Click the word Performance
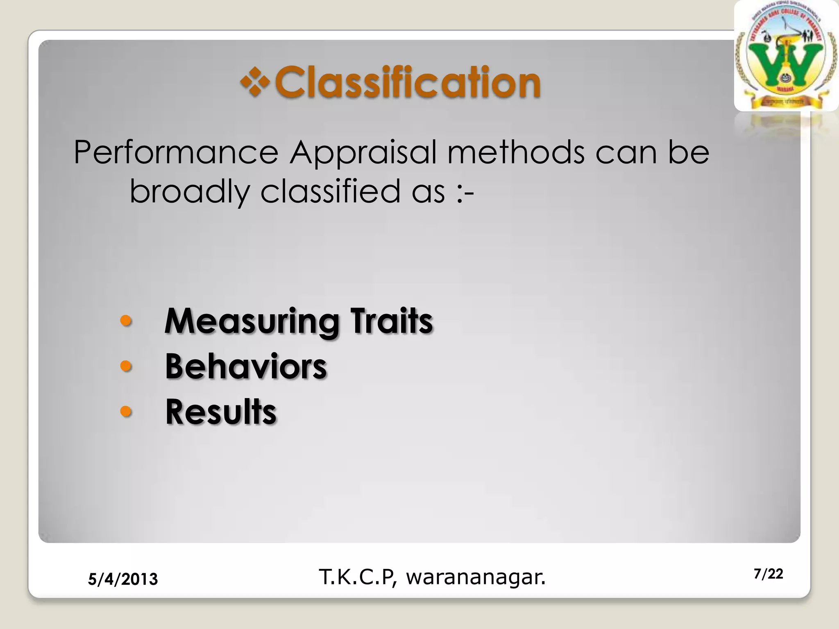(176, 152)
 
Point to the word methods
(516, 152)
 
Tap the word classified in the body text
(330, 192)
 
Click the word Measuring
(252, 322)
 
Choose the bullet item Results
(221, 412)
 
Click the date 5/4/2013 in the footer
(123, 579)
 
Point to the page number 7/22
(768, 574)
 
